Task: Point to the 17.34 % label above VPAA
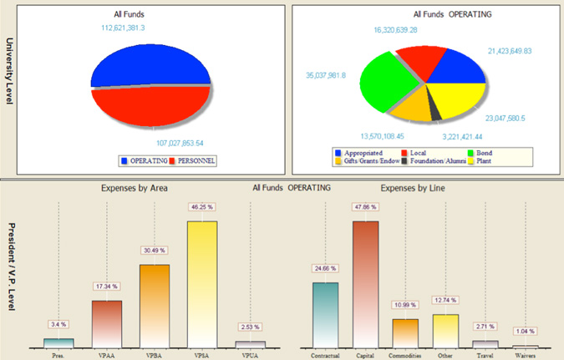pos(106,286)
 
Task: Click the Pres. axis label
pos(58,353)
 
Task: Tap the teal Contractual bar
pos(325,314)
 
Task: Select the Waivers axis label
pos(525,353)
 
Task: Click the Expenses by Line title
pos(412,189)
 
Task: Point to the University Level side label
pos(9,71)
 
